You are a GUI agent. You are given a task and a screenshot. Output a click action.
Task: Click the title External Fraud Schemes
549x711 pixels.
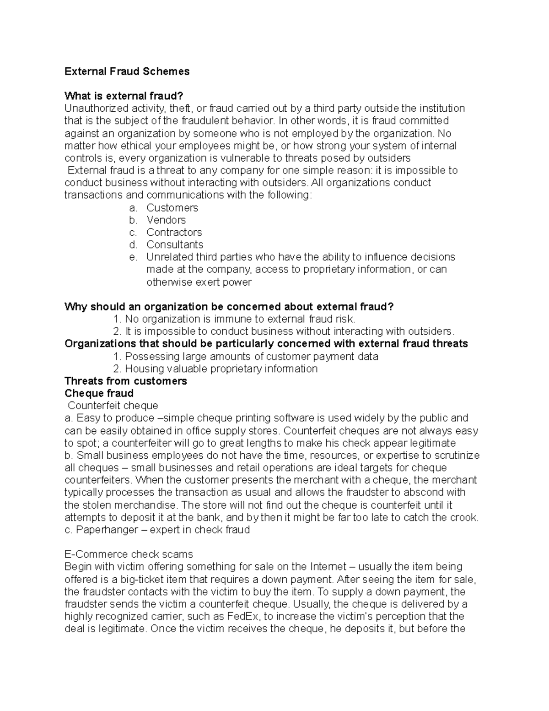(127, 71)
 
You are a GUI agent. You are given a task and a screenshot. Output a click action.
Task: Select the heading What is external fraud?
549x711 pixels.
(124, 96)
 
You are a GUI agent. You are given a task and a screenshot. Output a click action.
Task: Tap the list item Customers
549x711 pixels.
(172, 208)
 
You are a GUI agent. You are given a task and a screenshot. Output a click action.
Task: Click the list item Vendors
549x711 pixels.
(166, 220)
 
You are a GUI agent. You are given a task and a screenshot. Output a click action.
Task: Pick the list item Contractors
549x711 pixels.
(174, 233)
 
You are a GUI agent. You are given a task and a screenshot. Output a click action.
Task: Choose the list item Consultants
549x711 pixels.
(175, 245)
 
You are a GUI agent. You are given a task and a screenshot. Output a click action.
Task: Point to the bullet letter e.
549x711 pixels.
(133, 257)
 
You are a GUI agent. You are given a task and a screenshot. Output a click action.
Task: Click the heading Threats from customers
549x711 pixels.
(126, 381)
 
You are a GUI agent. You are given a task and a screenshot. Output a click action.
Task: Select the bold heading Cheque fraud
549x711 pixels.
(99, 394)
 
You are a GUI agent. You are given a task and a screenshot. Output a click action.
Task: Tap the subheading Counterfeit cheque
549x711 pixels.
(113, 406)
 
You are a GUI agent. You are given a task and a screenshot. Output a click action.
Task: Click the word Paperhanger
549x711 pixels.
(107, 530)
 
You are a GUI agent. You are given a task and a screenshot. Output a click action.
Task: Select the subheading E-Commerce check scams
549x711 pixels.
(129, 554)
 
